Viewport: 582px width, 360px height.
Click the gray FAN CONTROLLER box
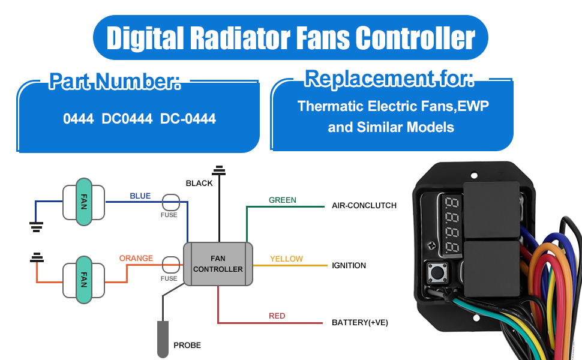218,264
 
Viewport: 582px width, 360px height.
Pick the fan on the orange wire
83,280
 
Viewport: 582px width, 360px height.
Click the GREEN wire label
282,200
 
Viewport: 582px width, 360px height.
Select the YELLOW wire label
286,259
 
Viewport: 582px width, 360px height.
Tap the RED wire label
277,316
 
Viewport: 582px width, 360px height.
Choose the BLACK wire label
199,183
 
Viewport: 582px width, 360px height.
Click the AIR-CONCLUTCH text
364,205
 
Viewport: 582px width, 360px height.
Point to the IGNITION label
349,265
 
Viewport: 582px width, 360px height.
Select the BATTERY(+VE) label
360,322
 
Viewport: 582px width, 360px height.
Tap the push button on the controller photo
437,274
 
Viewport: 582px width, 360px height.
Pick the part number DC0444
127,119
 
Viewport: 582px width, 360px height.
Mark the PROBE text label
187,345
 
